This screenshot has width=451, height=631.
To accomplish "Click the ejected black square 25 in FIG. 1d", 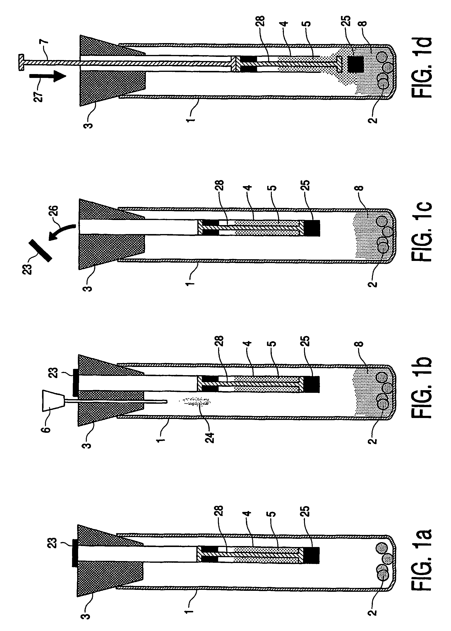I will pos(356,64).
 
